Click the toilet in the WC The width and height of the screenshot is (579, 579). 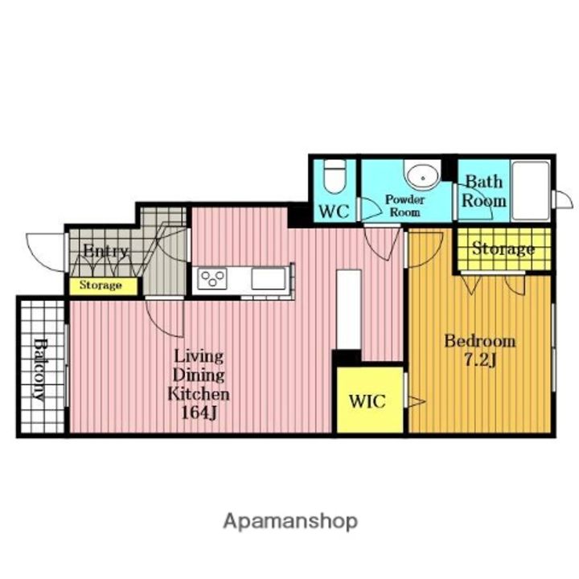[x=335, y=176]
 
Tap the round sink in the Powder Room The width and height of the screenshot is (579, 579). [x=422, y=177]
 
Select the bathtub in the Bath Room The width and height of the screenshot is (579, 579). [x=531, y=191]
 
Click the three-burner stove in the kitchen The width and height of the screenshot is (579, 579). [x=212, y=279]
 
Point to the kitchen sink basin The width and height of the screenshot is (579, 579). [x=269, y=279]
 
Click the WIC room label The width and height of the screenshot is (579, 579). [x=367, y=401]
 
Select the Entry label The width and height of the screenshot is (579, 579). [x=105, y=251]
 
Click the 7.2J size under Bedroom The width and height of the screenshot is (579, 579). [x=479, y=359]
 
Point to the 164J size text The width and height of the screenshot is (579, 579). [x=199, y=413]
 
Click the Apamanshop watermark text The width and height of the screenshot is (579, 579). [x=290, y=521]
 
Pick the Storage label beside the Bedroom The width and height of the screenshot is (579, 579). [x=503, y=248]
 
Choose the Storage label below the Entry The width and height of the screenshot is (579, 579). [x=101, y=285]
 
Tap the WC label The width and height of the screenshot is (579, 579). [x=334, y=211]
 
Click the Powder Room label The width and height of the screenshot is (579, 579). [x=405, y=206]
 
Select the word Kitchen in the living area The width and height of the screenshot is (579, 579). [x=199, y=394]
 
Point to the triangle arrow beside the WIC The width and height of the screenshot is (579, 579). [x=417, y=401]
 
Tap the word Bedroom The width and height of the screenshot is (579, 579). [x=479, y=341]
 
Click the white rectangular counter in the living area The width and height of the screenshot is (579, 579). [x=348, y=310]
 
